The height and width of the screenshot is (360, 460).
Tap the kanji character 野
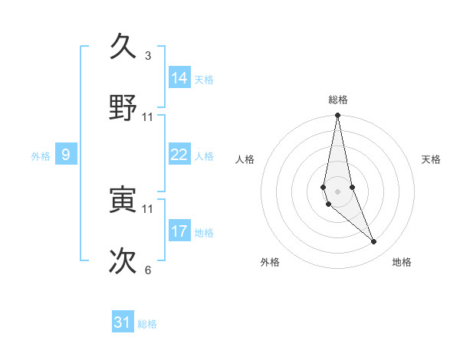point(123,107)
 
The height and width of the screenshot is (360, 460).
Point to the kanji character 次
point(123,260)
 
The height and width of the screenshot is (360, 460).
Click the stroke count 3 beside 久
point(148,56)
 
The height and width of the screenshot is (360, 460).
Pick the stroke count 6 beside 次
point(148,270)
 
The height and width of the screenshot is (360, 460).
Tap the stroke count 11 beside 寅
point(148,208)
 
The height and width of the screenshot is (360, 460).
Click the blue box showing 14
point(179,77)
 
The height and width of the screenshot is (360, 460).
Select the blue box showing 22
point(179,155)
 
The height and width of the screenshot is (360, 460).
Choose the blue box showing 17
point(179,231)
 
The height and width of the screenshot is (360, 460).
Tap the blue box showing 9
point(66,155)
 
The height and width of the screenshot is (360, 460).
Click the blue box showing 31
point(123,322)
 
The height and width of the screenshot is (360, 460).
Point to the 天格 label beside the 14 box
point(204,79)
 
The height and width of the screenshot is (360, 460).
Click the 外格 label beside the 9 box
point(41,156)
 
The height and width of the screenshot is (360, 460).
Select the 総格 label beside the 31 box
point(147,324)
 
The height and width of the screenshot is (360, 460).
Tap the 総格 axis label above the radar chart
point(338,100)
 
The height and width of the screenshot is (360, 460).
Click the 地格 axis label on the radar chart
point(402,262)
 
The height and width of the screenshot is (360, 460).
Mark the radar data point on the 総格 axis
point(337,116)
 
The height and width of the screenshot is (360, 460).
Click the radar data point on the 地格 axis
point(374,242)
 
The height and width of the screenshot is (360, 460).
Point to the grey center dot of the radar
point(337,191)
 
